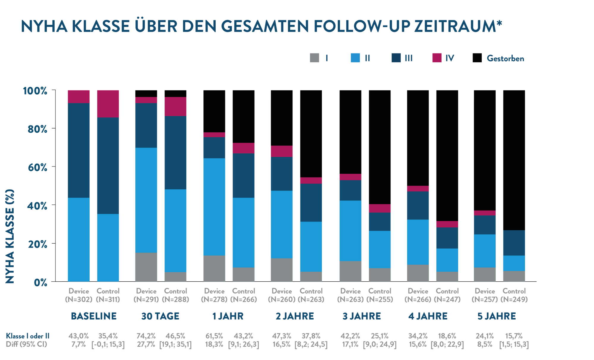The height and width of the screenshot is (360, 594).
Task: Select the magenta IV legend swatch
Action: (x=437, y=58)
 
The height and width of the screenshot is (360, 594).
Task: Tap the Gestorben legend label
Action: (x=505, y=58)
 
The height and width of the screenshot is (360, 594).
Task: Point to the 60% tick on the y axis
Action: (x=38, y=168)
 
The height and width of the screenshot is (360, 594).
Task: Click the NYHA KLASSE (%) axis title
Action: (x=10, y=236)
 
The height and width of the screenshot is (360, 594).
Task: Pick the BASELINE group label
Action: (x=94, y=316)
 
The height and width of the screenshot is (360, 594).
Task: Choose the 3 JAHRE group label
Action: (x=361, y=316)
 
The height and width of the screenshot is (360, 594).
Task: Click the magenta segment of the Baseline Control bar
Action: (x=108, y=103)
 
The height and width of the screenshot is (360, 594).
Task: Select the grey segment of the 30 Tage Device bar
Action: (x=146, y=267)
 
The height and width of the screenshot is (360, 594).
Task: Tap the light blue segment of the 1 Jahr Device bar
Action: (x=214, y=207)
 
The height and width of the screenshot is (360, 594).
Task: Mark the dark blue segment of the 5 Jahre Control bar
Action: (x=514, y=243)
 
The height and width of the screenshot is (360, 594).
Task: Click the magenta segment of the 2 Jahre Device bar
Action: (x=282, y=151)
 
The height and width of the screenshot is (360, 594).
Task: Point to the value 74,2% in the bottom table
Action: (x=146, y=336)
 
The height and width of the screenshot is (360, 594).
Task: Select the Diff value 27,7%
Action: (x=146, y=345)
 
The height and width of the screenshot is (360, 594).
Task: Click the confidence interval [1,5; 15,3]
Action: (x=514, y=345)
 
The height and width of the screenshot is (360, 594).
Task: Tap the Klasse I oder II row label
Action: (x=28, y=336)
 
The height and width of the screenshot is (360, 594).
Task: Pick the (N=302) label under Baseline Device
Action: (x=79, y=299)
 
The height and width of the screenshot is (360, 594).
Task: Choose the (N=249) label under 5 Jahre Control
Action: (x=514, y=299)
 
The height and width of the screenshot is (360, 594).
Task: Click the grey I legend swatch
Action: (x=315, y=58)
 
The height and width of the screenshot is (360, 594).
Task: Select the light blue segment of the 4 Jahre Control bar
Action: (x=447, y=260)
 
